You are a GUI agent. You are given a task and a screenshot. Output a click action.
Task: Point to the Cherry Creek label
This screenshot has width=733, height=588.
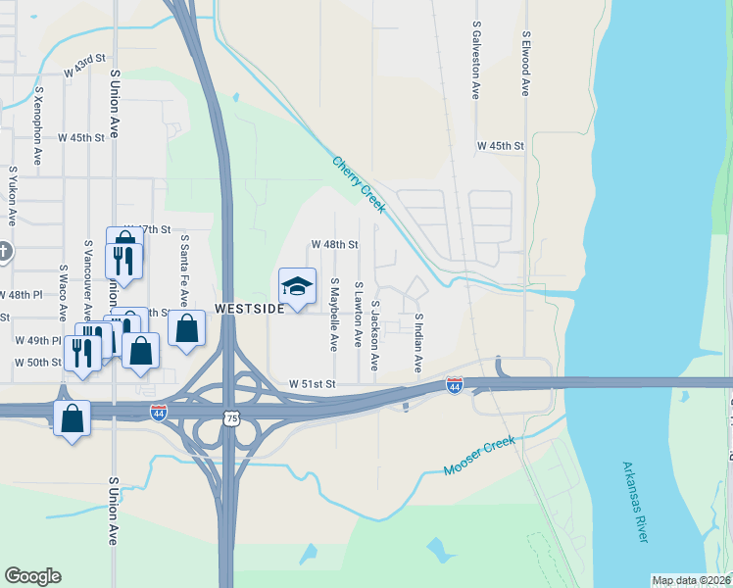coord(359,184)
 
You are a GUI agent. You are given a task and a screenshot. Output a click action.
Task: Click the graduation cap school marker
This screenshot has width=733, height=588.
coord(298,286)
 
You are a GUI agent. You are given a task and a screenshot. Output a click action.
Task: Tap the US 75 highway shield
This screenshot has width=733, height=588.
coord(230,417)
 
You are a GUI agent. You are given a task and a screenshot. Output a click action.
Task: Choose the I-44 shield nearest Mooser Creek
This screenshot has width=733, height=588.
coord(454,386)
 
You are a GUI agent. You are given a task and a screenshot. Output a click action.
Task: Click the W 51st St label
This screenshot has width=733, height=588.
coord(312,384)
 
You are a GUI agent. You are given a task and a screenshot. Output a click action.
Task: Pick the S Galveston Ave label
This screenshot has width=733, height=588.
coord(476,61)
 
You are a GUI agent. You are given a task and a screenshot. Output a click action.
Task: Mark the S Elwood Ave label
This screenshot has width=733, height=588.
coord(525,62)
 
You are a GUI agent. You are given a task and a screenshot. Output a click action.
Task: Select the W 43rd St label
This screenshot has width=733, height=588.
coord(84,66)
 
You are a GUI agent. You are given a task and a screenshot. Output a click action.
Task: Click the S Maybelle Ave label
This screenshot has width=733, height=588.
coord(334,315)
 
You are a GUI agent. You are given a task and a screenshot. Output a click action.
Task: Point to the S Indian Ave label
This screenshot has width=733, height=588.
coord(418,343)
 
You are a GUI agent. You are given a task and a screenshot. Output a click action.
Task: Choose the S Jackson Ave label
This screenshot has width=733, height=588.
coord(374,335)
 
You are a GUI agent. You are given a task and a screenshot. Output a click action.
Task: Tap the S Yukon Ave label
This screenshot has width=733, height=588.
coord(14,196)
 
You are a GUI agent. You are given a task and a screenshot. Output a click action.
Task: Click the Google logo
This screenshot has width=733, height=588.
coord(32,576)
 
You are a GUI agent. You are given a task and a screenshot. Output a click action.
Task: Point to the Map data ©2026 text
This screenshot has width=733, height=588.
coord(691,580)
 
